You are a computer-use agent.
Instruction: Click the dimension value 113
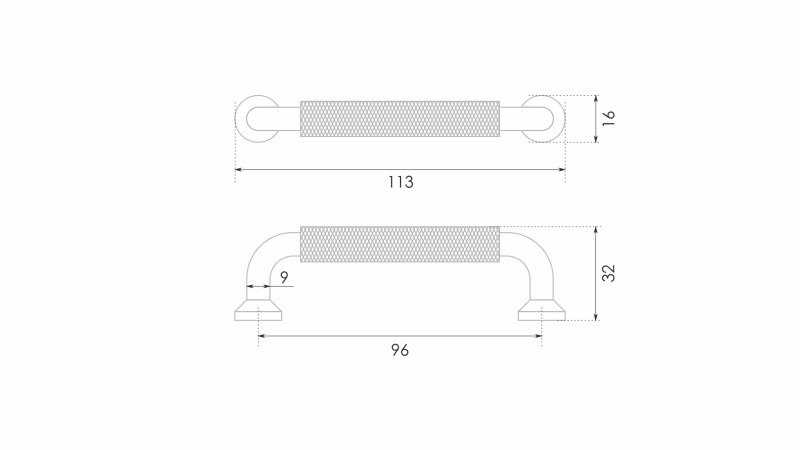(401, 182)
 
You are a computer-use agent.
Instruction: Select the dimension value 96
(400, 351)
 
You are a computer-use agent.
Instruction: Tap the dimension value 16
(609, 118)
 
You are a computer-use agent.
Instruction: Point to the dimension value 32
(609, 273)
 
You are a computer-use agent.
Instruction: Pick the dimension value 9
(284, 277)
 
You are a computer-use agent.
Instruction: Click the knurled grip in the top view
(400, 119)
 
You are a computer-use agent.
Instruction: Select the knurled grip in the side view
(400, 244)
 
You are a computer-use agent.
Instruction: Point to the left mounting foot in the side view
(258, 311)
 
